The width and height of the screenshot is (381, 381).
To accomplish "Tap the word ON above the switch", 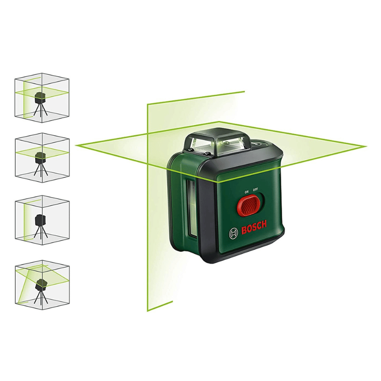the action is (x=247, y=192).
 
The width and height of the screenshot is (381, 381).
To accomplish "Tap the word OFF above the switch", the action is (x=255, y=190).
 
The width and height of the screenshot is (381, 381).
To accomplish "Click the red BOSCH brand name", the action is (x=254, y=228).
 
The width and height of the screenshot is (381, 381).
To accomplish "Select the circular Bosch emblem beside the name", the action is (x=233, y=234).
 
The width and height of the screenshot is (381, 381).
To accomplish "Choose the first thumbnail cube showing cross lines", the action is (x=42, y=98).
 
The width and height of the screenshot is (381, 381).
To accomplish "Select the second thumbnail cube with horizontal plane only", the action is (x=42, y=158).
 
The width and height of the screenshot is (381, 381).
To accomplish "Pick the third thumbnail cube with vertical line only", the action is (x=42, y=221).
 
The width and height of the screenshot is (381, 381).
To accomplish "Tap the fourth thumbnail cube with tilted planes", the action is (x=42, y=284).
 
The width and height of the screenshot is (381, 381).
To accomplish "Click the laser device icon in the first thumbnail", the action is (x=39, y=98).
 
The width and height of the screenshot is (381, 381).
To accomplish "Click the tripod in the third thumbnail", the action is (x=39, y=231).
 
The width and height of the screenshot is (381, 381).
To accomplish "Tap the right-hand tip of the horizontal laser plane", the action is (x=366, y=147).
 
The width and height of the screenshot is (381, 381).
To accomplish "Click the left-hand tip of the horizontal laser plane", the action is (x=76, y=145).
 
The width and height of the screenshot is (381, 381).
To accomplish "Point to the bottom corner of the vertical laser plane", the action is (x=148, y=311).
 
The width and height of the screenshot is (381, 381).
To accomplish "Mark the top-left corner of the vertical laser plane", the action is (x=148, y=104).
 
